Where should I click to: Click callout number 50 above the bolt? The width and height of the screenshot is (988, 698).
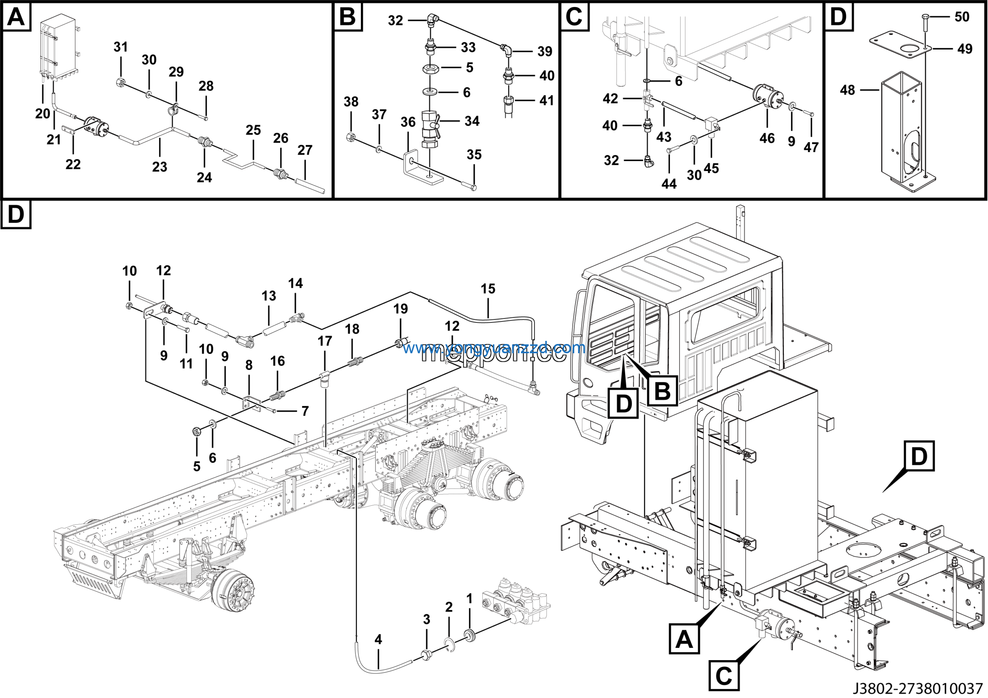pyautogui.click(x=962, y=17)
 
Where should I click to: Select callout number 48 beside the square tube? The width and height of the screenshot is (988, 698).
pyautogui.click(x=847, y=90)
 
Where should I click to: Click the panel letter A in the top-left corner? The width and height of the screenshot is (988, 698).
pyautogui.click(x=16, y=17)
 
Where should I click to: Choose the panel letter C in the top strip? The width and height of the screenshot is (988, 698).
pyautogui.click(x=574, y=17)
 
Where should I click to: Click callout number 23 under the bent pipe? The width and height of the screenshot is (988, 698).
pyautogui.click(x=159, y=166)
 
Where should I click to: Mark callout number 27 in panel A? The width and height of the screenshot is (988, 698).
pyautogui.click(x=305, y=150)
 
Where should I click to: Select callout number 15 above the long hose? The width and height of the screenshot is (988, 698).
pyautogui.click(x=488, y=288)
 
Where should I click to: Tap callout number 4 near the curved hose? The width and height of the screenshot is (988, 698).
pyautogui.click(x=378, y=639)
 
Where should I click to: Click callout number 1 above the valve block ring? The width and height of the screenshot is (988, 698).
pyautogui.click(x=469, y=599)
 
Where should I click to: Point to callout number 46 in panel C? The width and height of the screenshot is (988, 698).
pyautogui.click(x=767, y=138)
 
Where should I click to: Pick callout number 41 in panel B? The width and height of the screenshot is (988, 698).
pyautogui.click(x=546, y=100)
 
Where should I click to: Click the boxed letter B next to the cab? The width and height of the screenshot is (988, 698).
pyautogui.click(x=662, y=391)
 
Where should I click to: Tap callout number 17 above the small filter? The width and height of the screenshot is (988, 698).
pyautogui.click(x=325, y=341)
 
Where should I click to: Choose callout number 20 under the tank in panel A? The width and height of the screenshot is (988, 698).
pyautogui.click(x=42, y=114)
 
